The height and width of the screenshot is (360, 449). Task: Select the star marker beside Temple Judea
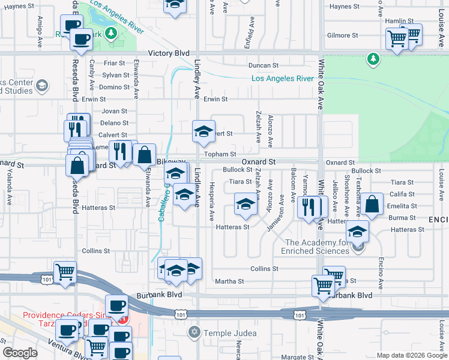tap(194, 332)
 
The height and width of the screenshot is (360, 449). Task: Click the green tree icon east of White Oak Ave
tap(373, 59)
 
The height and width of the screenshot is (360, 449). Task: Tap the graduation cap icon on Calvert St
tap(203, 132)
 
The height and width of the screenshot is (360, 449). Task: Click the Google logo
tap(20, 353)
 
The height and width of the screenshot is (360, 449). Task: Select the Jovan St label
tap(115, 111)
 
